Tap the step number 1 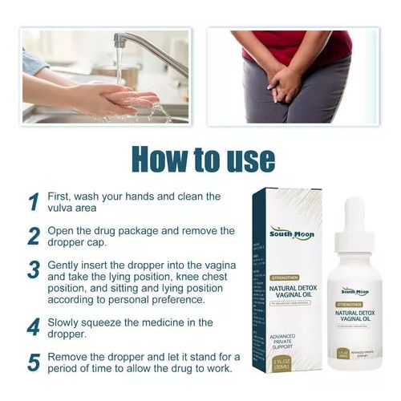point(34,202)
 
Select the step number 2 point(34,236)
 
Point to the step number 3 point(34,269)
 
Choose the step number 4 point(34,327)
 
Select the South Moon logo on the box point(292,234)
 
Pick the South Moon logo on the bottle point(354,291)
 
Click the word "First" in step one point(62,196)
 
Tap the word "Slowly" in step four point(68,322)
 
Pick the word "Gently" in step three point(67,264)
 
